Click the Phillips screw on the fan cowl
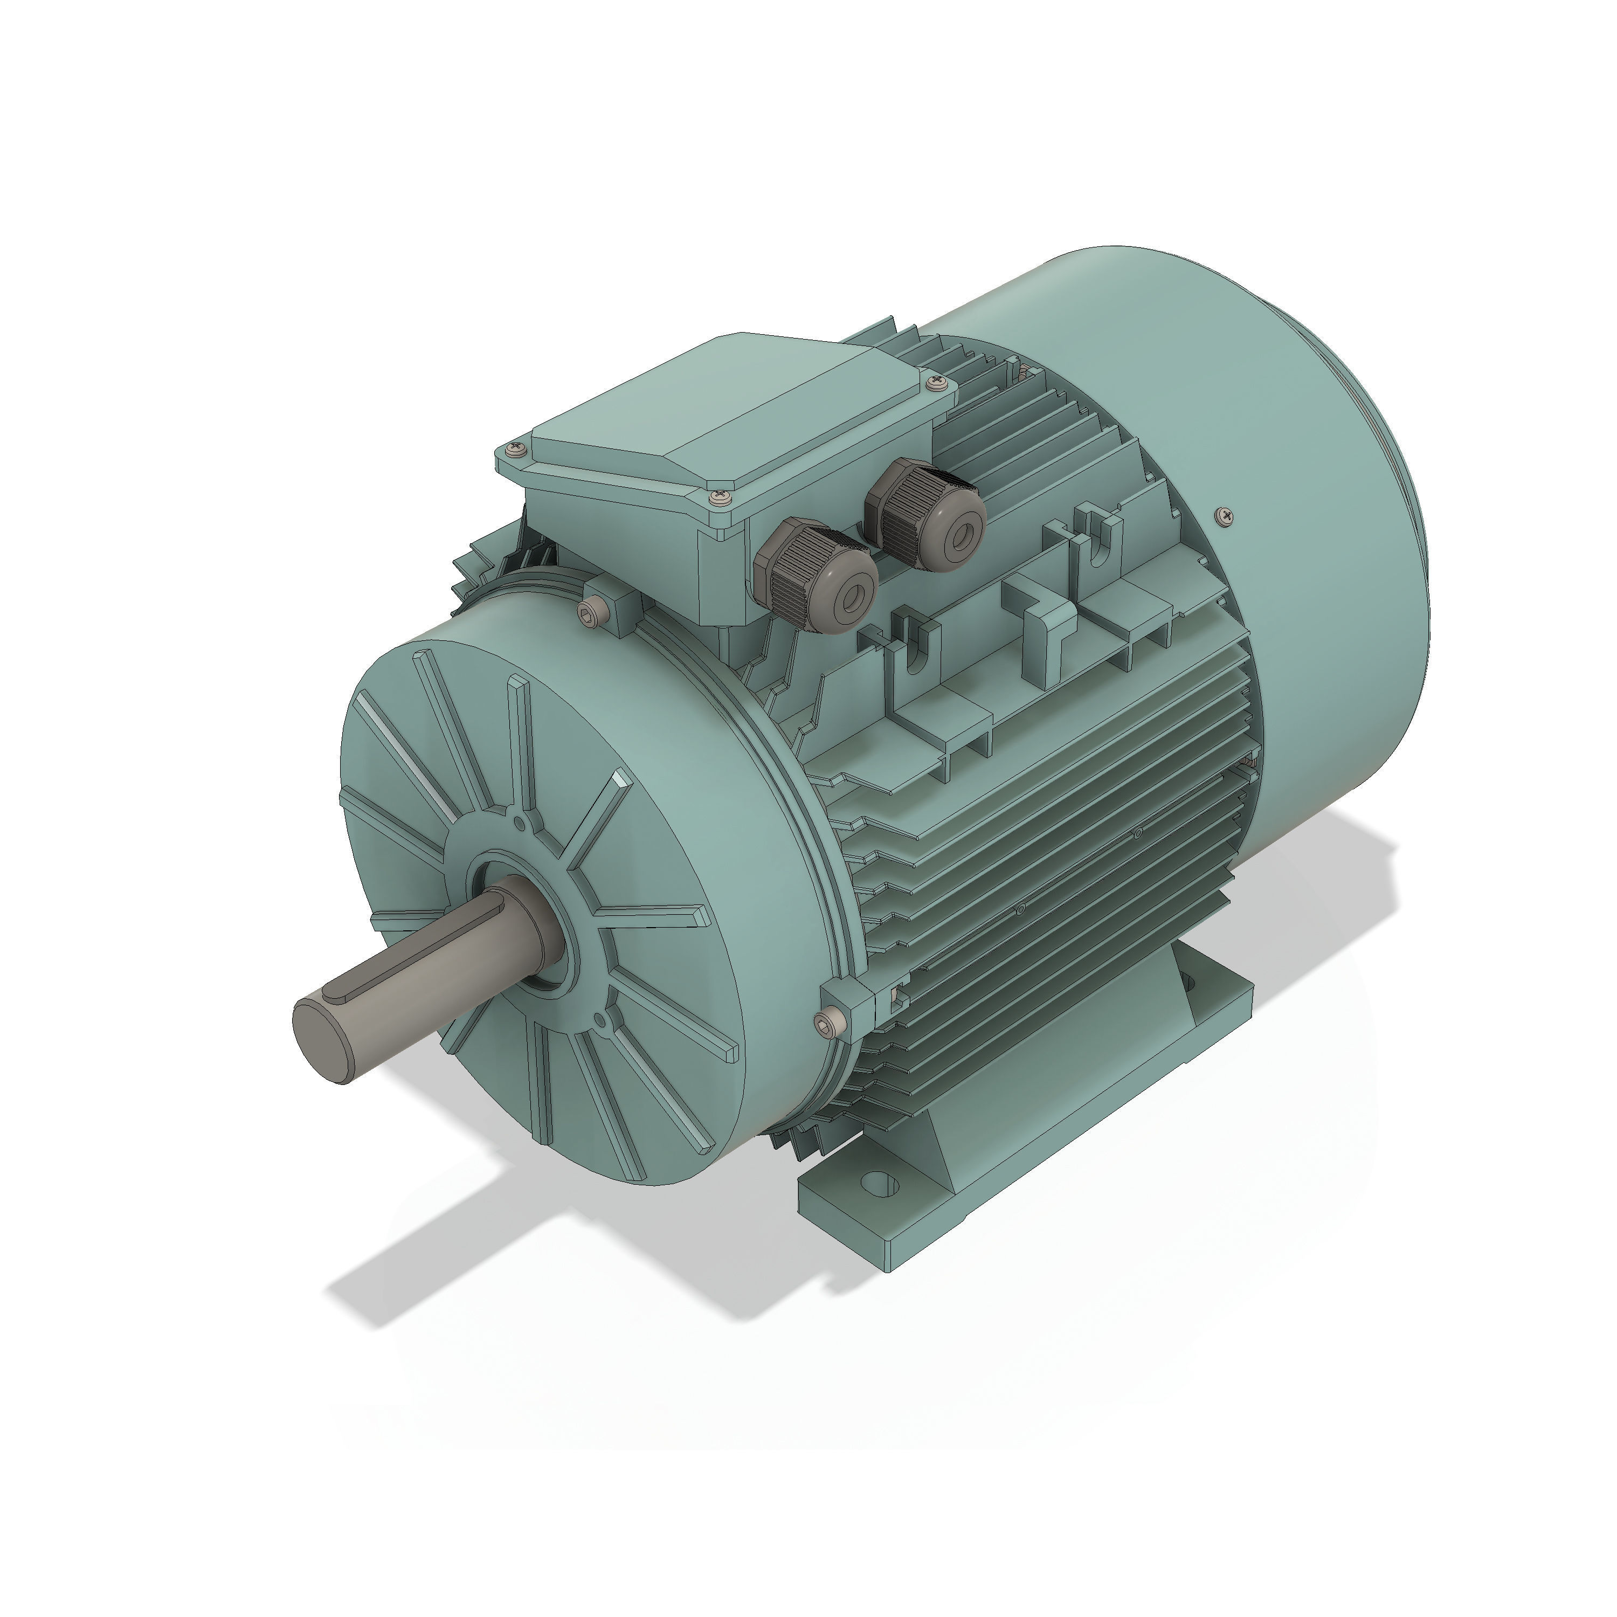(1225, 516)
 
